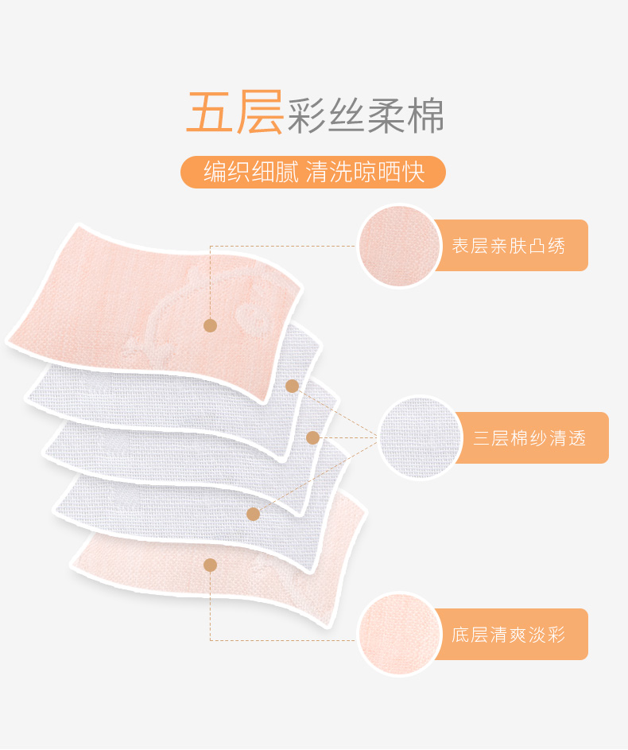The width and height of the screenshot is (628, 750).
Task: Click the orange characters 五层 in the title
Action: [235, 113]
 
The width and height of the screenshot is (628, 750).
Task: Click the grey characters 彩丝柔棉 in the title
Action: [366, 116]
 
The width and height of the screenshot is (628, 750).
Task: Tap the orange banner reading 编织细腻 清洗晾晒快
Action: [313, 172]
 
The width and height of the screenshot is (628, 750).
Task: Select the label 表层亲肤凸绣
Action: [509, 246]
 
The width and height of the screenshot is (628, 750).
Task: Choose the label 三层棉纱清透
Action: [529, 437]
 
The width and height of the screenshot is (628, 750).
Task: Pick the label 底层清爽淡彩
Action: [509, 635]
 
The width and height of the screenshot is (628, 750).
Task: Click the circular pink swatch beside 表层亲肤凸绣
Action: [400, 246]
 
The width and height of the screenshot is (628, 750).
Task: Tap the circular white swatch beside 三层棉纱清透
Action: [421, 437]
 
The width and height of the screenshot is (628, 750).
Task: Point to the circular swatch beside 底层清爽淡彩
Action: [400, 635]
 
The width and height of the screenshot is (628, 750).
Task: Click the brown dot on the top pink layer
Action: [210, 324]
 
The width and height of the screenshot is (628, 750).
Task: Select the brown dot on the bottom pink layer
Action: [210, 565]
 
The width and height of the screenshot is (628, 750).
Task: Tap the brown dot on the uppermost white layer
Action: [292, 386]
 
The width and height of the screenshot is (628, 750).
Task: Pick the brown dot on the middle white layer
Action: [312, 437]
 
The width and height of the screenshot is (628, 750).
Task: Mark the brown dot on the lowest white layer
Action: [253, 514]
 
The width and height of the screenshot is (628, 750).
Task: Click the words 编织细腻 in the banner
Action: [250, 172]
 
